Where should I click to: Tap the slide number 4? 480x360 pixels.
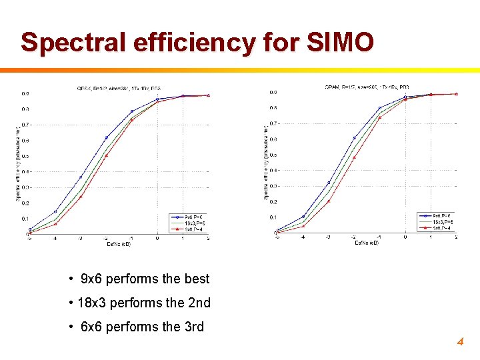click(459, 342)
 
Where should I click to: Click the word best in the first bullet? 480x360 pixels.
click(196, 279)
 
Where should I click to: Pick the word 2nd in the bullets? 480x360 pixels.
click(197, 303)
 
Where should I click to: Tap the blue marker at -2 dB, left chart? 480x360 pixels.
click(106, 138)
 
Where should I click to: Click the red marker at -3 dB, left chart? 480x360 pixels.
click(81, 197)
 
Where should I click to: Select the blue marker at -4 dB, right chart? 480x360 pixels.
click(303, 216)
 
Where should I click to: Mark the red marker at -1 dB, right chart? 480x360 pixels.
click(379, 117)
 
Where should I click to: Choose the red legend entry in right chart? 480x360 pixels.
click(442, 227)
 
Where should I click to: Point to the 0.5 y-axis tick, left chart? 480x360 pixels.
click(25, 156)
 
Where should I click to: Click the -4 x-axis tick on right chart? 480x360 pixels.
click(303, 237)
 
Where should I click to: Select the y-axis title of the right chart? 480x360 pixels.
click(267, 162)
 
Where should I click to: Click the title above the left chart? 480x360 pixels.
click(119, 87)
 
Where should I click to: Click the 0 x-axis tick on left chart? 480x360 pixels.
click(157, 238)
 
